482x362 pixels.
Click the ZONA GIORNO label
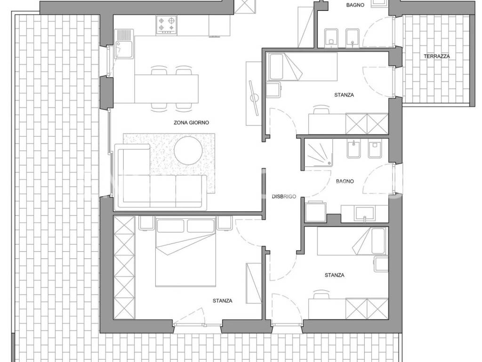[191, 123]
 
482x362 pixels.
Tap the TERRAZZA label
[436, 57]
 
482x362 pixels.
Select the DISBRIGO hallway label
[284, 197]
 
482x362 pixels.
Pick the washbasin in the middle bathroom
[365, 214]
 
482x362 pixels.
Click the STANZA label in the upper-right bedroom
[344, 95]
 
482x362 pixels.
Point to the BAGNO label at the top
[355, 5]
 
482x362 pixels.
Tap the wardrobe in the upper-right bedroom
[367, 124]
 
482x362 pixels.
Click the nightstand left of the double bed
[146, 223]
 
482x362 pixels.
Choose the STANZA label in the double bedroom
[222, 301]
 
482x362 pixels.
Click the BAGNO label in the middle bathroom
[345, 181]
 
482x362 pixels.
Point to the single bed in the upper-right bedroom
[303, 67]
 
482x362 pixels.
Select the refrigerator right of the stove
[219, 25]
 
